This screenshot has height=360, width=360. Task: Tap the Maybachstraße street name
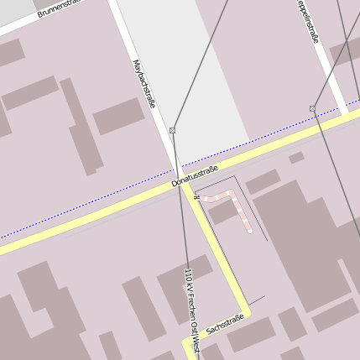[x=144, y=84]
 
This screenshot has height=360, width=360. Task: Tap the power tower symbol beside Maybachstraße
[x=172, y=130]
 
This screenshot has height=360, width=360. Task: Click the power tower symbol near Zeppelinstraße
[x=312, y=108]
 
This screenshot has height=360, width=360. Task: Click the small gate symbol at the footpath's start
[x=196, y=197]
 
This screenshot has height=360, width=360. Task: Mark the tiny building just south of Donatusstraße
[x=296, y=157]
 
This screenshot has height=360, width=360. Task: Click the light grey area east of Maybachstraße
[x=201, y=76]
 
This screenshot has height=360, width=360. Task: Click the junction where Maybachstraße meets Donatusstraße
[x=182, y=185]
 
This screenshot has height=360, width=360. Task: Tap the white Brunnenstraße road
[x=25, y=25]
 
